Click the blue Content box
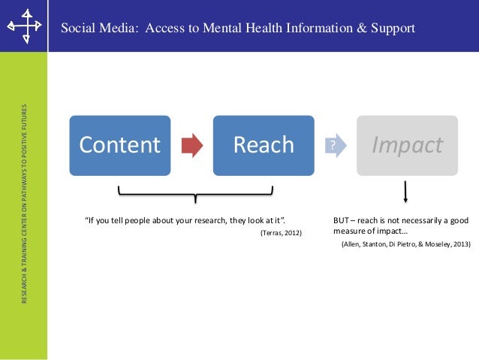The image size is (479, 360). click(120, 144)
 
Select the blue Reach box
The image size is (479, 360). click(263, 144)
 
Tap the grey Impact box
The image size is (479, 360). click(407, 144)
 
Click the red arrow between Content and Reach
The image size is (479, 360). click(192, 145)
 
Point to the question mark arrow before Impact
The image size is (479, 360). click(334, 145)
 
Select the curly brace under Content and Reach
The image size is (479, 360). click(195, 198)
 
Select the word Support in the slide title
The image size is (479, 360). click(393, 29)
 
